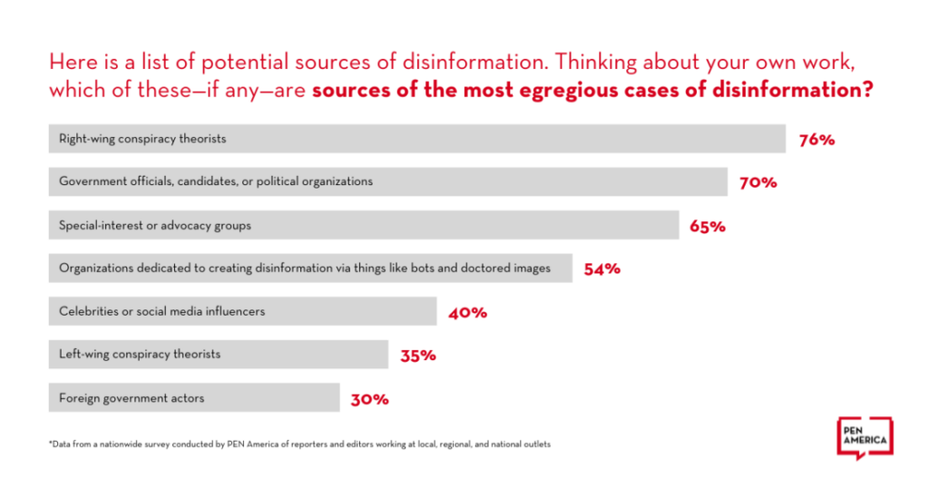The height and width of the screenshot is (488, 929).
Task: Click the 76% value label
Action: tap(817, 140)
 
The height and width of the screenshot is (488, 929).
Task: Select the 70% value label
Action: tap(758, 182)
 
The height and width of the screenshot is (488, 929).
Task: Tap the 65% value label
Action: tap(708, 226)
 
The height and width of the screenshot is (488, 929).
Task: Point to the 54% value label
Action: tap(602, 268)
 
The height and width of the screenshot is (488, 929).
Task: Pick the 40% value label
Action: tap(468, 312)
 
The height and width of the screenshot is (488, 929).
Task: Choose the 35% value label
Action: tap(418, 356)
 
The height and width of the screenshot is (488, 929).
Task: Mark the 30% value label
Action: tap(370, 398)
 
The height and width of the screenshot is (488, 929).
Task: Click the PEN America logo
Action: tap(864, 438)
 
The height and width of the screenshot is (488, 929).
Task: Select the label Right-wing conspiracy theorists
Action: tap(142, 139)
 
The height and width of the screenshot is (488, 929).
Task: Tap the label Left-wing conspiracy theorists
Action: tap(140, 355)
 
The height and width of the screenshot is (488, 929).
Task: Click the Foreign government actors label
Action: tap(132, 397)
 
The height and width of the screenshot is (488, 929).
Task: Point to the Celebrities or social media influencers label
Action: tap(161, 311)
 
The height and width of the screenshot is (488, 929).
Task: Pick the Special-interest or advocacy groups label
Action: tap(155, 225)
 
